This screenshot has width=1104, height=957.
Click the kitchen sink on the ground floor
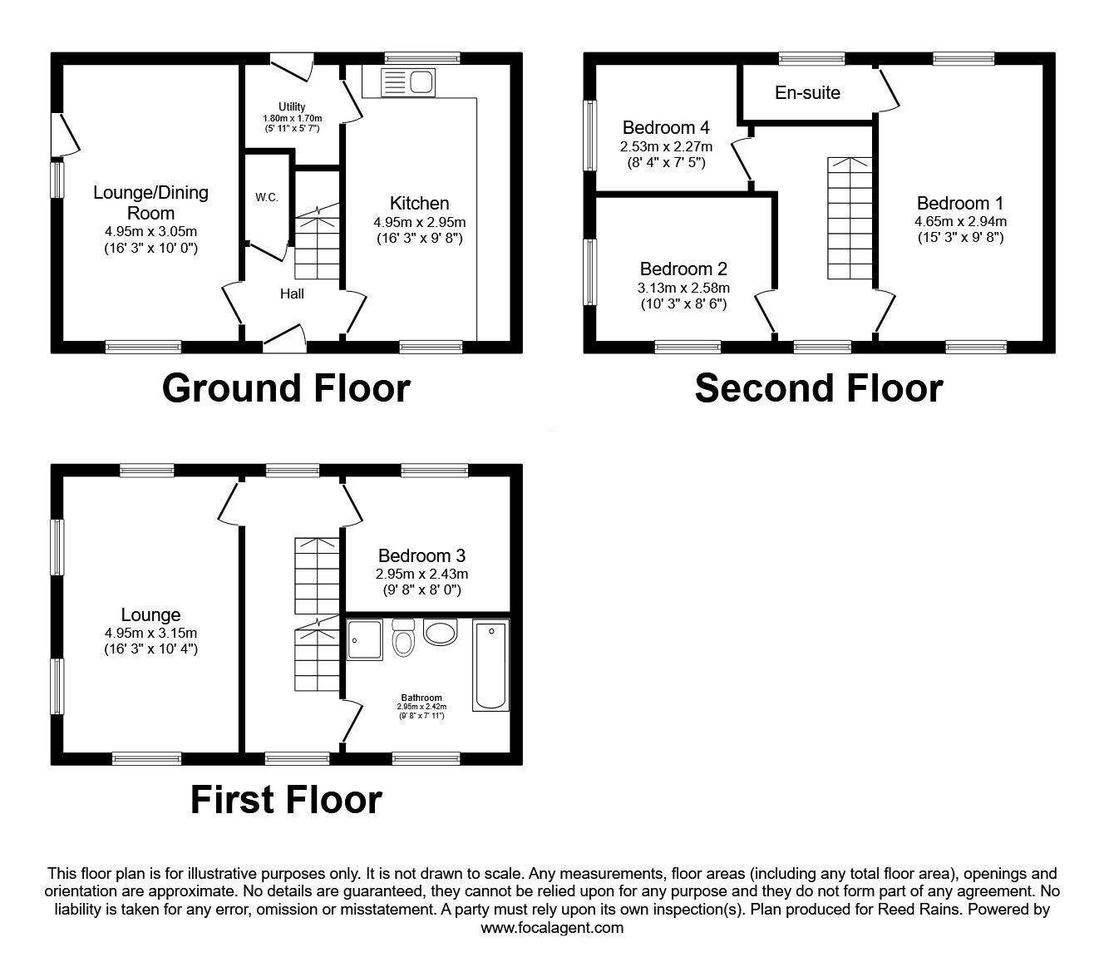pyautogui.click(x=408, y=83)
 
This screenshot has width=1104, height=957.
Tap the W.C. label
pyautogui.click(x=267, y=197)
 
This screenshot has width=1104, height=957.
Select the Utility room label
pyautogui.click(x=292, y=107)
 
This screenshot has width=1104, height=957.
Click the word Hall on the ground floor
pyautogui.click(x=292, y=294)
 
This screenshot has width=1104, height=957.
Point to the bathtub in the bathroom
pyautogui.click(x=490, y=665)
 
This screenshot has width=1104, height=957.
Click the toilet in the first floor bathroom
pyautogui.click(x=403, y=638)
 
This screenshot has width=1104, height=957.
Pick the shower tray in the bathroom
pyautogui.click(x=365, y=639)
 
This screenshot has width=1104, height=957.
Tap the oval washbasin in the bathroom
pyautogui.click(x=441, y=632)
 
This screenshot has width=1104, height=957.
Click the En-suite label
pyautogui.click(x=807, y=92)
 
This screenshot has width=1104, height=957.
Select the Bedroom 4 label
pyautogui.click(x=666, y=127)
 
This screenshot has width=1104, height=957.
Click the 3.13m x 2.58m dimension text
pyautogui.click(x=683, y=288)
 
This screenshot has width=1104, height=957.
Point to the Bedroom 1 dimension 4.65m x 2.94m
pyautogui.click(x=960, y=221)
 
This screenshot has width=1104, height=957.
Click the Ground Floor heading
pyautogui.click(x=286, y=388)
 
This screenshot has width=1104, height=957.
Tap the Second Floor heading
pyautogui.click(x=819, y=388)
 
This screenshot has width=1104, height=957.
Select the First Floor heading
pyautogui.click(x=286, y=800)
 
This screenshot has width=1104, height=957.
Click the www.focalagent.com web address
pyautogui.click(x=552, y=928)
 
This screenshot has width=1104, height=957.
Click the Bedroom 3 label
pyautogui.click(x=422, y=555)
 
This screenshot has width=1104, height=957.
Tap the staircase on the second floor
pyautogui.click(x=850, y=218)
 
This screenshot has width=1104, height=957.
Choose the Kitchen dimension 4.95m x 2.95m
pyautogui.click(x=419, y=222)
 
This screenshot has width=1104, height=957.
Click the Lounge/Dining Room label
pyautogui.click(x=150, y=203)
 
